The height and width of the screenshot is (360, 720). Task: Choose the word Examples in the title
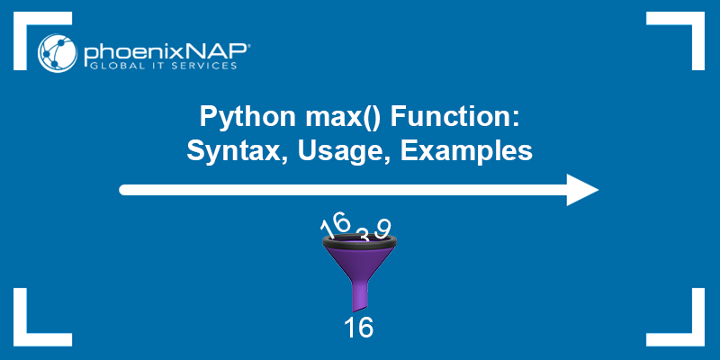tap(466, 151)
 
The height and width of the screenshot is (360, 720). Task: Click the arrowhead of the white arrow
tap(581, 190)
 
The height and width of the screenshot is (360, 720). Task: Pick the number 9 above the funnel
tap(383, 228)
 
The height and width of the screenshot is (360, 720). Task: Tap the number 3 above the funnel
tap(362, 235)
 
